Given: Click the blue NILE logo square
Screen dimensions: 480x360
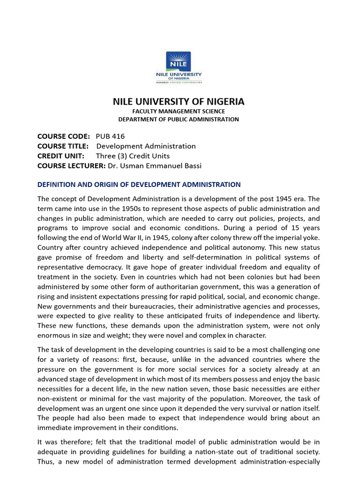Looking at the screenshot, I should pos(179,61).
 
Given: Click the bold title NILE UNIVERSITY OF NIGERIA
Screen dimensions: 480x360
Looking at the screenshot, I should pos(179,102).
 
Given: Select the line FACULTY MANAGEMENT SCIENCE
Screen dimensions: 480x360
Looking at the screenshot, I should pos(179,111).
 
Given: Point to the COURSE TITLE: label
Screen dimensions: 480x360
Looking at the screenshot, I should pos(63,146).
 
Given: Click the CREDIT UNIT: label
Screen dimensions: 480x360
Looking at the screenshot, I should pos(61,156).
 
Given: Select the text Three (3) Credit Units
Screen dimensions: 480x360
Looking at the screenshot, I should pos(133,156).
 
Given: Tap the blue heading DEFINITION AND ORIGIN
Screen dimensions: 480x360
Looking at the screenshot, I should pos(139,185).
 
